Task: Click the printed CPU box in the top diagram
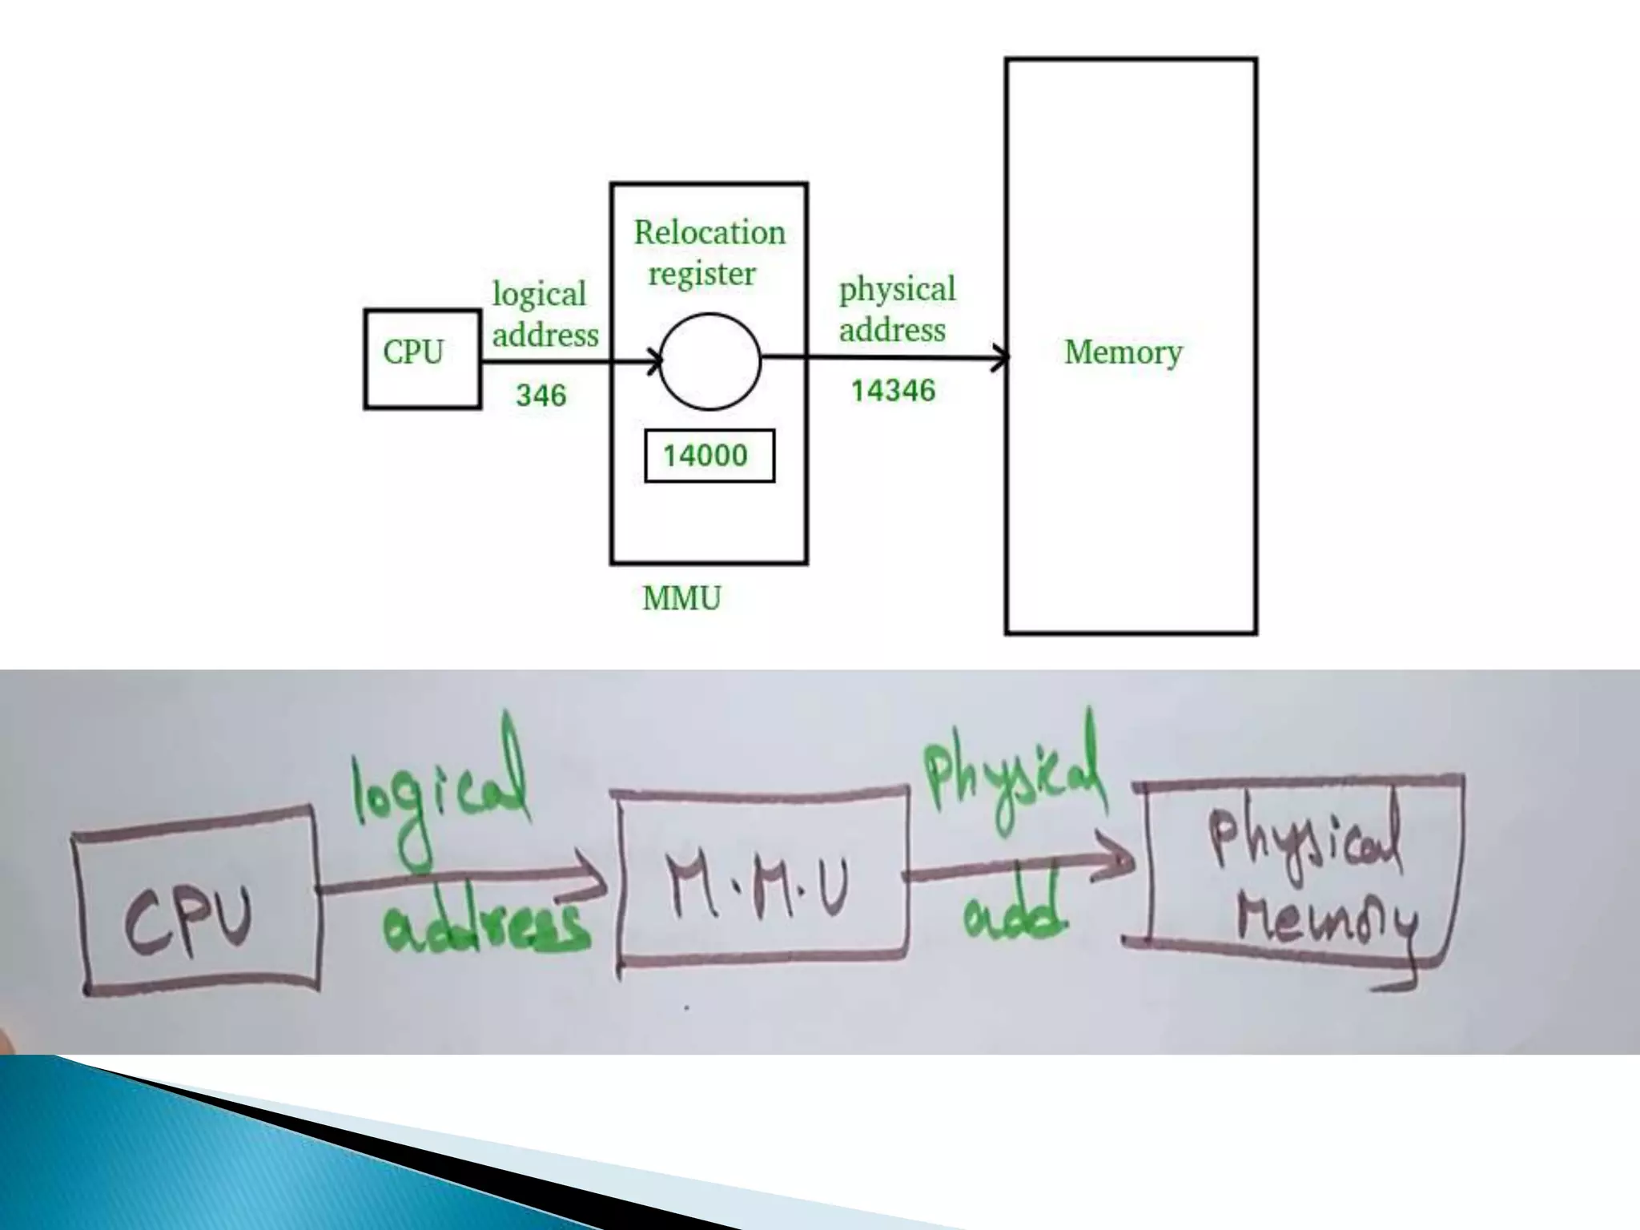[x=422, y=359]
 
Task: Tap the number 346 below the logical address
[x=541, y=395]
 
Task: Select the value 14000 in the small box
[x=706, y=456]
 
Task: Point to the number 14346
[x=892, y=391]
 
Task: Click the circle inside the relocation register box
[x=709, y=361]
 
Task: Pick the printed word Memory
[x=1123, y=352]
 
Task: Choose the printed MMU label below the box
[x=681, y=598]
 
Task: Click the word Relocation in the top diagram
[x=709, y=232]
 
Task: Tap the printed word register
[x=701, y=274]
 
